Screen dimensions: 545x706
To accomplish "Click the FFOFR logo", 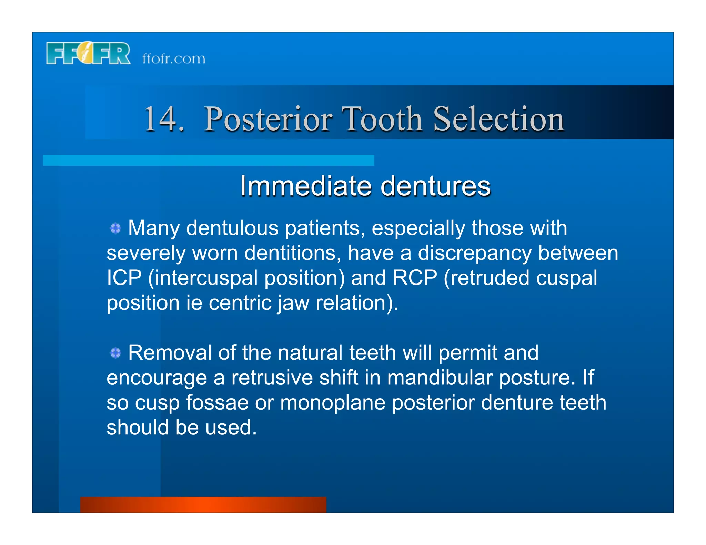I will tap(88, 53).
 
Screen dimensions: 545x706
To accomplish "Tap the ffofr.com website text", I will tap(174, 59).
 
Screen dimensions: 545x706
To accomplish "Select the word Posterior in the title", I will tap(268, 119).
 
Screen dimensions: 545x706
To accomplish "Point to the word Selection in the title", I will tap(498, 119).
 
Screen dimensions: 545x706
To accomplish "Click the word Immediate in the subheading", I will tap(305, 186).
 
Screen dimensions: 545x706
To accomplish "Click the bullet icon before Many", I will tap(115, 228).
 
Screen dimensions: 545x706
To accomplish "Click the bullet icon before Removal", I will tap(115, 353).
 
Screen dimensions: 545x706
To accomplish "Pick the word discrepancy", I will tap(474, 254).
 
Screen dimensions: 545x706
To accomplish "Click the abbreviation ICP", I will tap(124, 278).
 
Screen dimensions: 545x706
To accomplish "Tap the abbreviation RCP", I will tap(415, 278).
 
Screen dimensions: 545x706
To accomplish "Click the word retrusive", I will tap(272, 378).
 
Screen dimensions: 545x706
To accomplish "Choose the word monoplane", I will tap(332, 403).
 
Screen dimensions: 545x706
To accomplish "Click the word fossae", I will tap(217, 403).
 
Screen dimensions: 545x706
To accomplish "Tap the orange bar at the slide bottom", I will tap(203, 505).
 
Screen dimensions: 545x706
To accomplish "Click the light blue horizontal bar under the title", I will tap(208, 160).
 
